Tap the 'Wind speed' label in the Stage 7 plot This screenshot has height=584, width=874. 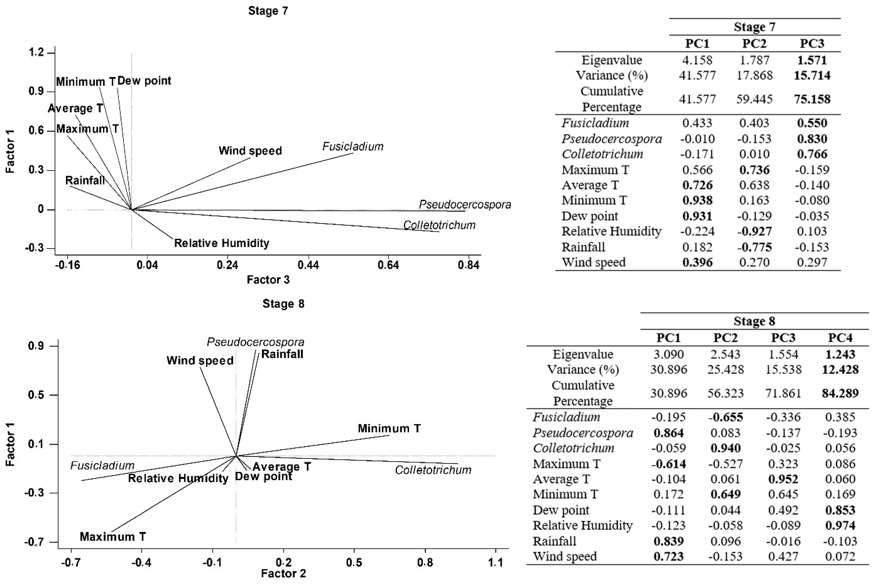[250, 151]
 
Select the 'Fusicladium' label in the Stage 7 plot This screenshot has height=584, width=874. [353, 146]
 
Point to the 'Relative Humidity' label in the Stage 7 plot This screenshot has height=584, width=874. [222, 243]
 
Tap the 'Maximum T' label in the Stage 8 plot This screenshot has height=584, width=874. [113, 537]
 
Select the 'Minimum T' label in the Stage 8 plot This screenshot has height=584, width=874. [389, 428]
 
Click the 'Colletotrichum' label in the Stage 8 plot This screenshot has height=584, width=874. [433, 470]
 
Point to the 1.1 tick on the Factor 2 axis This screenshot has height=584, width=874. [495, 562]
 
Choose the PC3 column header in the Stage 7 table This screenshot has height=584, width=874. [812, 44]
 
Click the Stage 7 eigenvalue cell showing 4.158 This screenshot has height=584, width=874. [697, 60]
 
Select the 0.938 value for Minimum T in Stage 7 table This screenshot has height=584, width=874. [697, 200]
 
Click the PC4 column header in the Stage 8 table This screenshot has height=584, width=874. [840, 338]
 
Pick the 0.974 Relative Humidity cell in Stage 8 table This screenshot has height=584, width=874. [840, 525]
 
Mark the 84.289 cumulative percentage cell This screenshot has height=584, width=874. [840, 393]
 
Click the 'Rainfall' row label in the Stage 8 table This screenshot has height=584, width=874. [554, 541]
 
